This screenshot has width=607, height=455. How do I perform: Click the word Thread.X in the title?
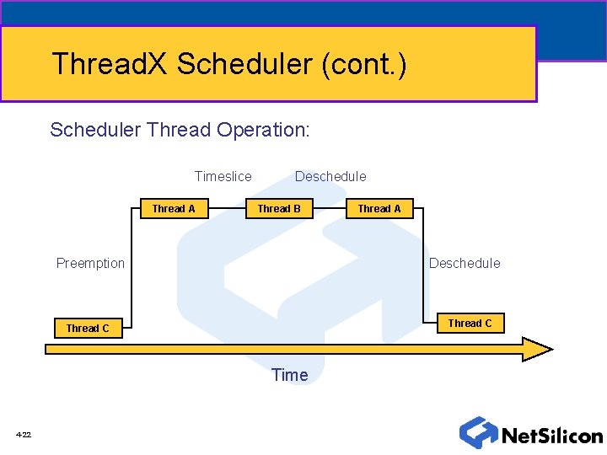110,64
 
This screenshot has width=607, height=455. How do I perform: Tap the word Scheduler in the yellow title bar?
245,64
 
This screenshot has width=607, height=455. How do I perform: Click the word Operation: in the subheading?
263,130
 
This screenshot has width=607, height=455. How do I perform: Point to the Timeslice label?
223,176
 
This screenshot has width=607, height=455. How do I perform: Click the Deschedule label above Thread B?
330,176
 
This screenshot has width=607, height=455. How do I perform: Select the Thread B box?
279,208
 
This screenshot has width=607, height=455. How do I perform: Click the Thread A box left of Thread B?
174,208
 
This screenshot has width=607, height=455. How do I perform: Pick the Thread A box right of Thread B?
379,208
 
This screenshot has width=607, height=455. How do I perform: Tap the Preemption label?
90,263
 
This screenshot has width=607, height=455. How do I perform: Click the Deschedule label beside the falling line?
465,263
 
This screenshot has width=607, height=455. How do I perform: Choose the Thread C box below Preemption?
88,328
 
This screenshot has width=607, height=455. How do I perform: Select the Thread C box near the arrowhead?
470,323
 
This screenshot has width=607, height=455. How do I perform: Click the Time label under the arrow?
290,375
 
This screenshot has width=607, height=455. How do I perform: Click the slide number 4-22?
23,435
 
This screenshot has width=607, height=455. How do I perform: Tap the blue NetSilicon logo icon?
478,432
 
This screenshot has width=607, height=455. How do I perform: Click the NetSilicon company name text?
551,436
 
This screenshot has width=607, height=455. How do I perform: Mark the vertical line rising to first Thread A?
132,270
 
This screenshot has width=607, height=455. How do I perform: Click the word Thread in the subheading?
179,130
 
